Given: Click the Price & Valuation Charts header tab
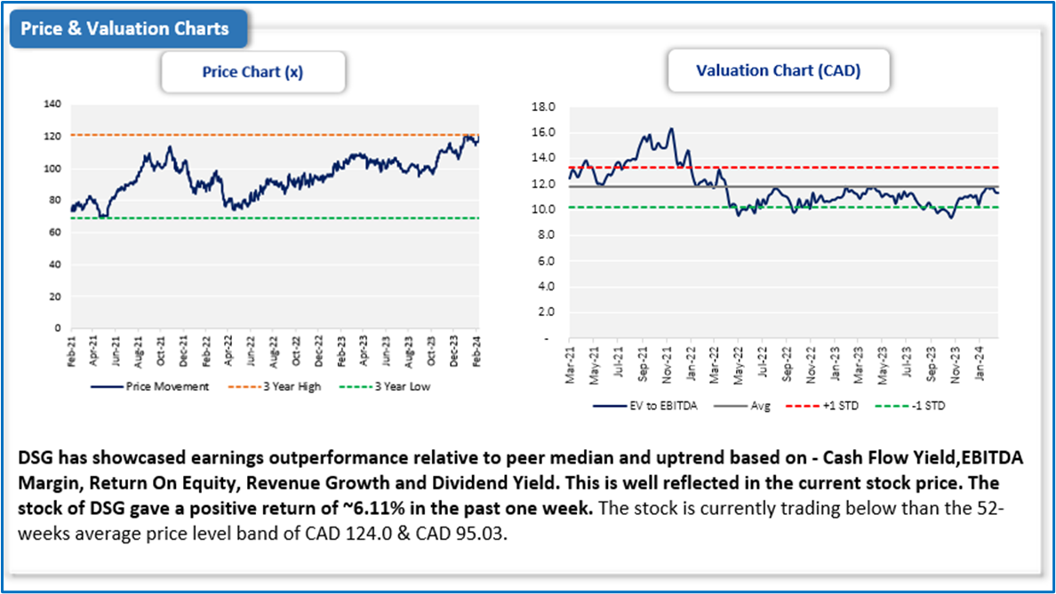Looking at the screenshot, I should tap(124, 28).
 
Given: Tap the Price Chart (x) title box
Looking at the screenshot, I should tap(252, 72).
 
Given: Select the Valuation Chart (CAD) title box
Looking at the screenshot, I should tap(778, 71).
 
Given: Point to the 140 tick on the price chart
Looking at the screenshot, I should tap(52, 105).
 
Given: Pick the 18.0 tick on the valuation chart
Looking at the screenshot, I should tap(542, 107).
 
